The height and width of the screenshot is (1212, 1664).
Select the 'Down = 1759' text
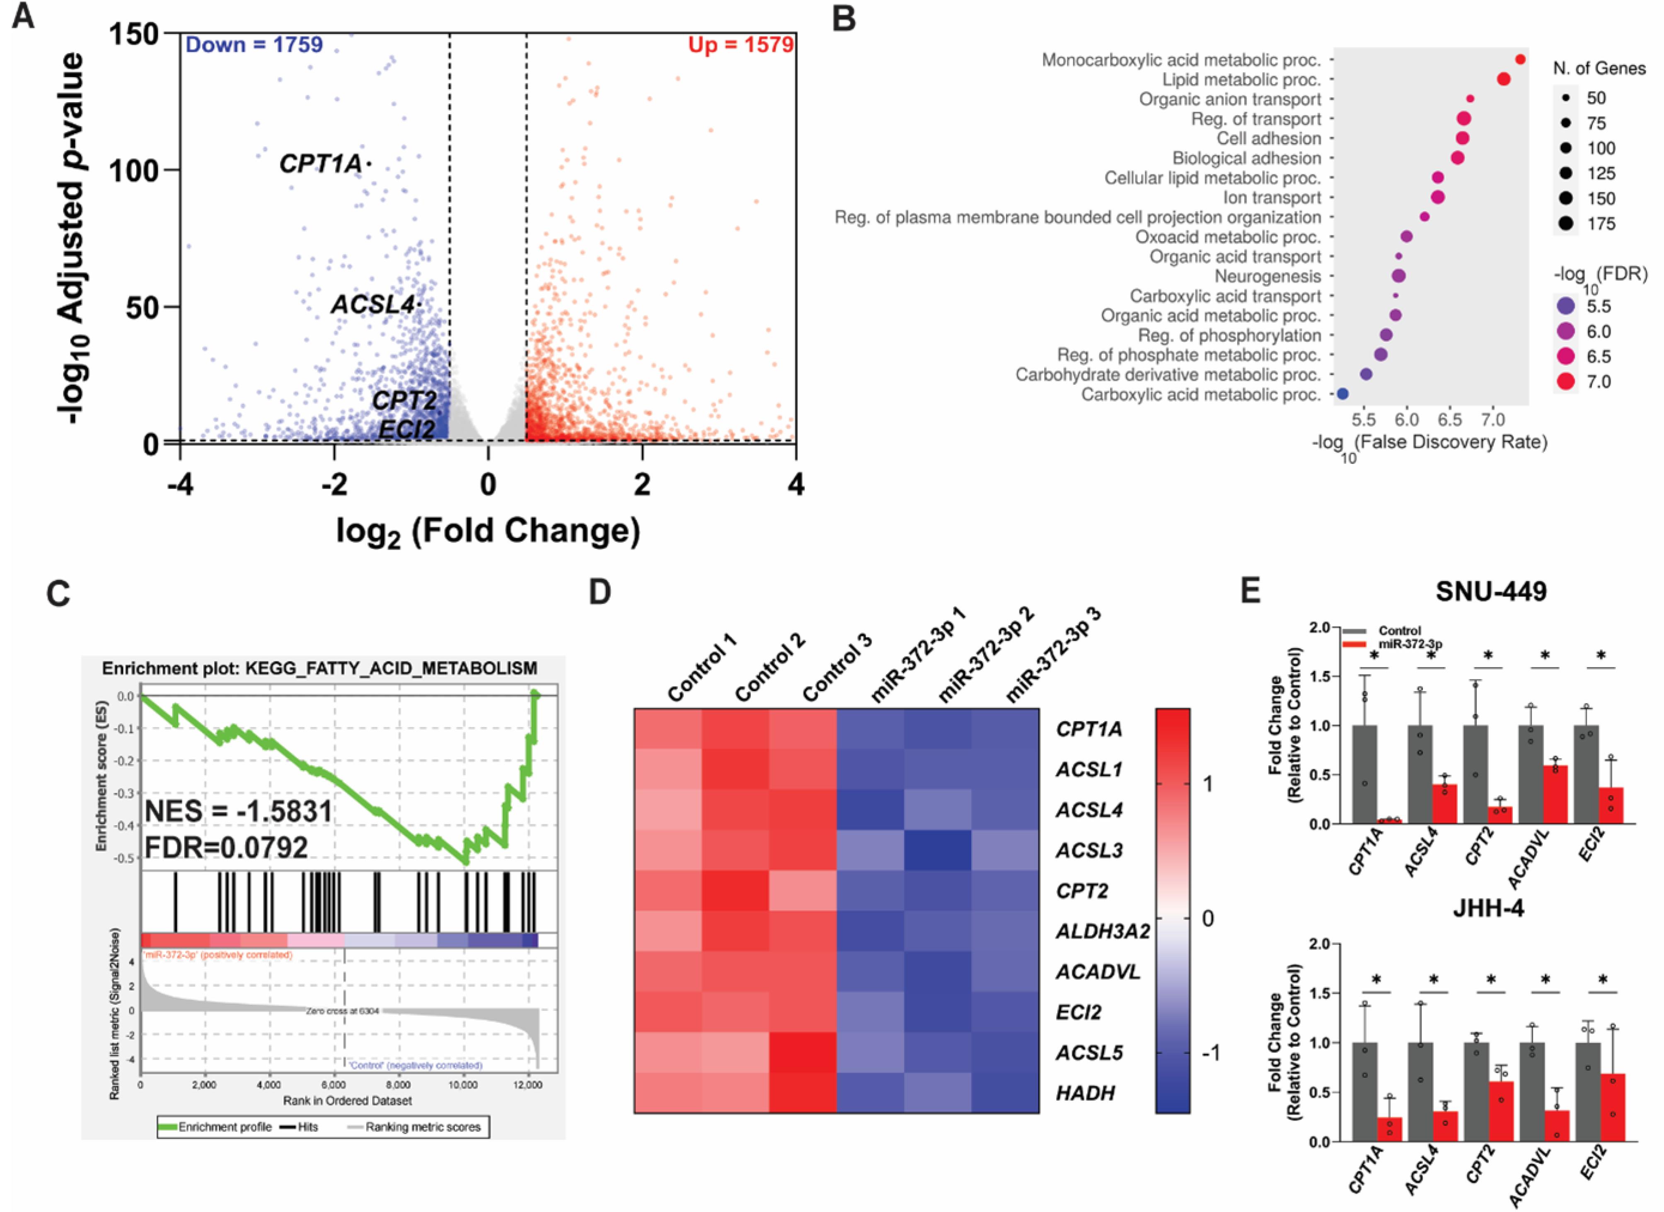point(254,45)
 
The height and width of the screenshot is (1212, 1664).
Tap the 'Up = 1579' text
point(740,45)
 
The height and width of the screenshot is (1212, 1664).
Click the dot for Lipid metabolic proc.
point(1503,79)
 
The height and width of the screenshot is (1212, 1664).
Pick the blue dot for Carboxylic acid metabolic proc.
point(1342,394)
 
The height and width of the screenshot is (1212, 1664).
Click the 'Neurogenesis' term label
point(1267,277)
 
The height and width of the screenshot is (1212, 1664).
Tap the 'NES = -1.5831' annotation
point(239,812)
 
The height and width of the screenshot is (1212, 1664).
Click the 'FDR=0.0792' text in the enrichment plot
point(226,847)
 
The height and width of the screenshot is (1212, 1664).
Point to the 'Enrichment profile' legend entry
point(214,1126)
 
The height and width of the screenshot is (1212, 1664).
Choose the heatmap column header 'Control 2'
point(769,667)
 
